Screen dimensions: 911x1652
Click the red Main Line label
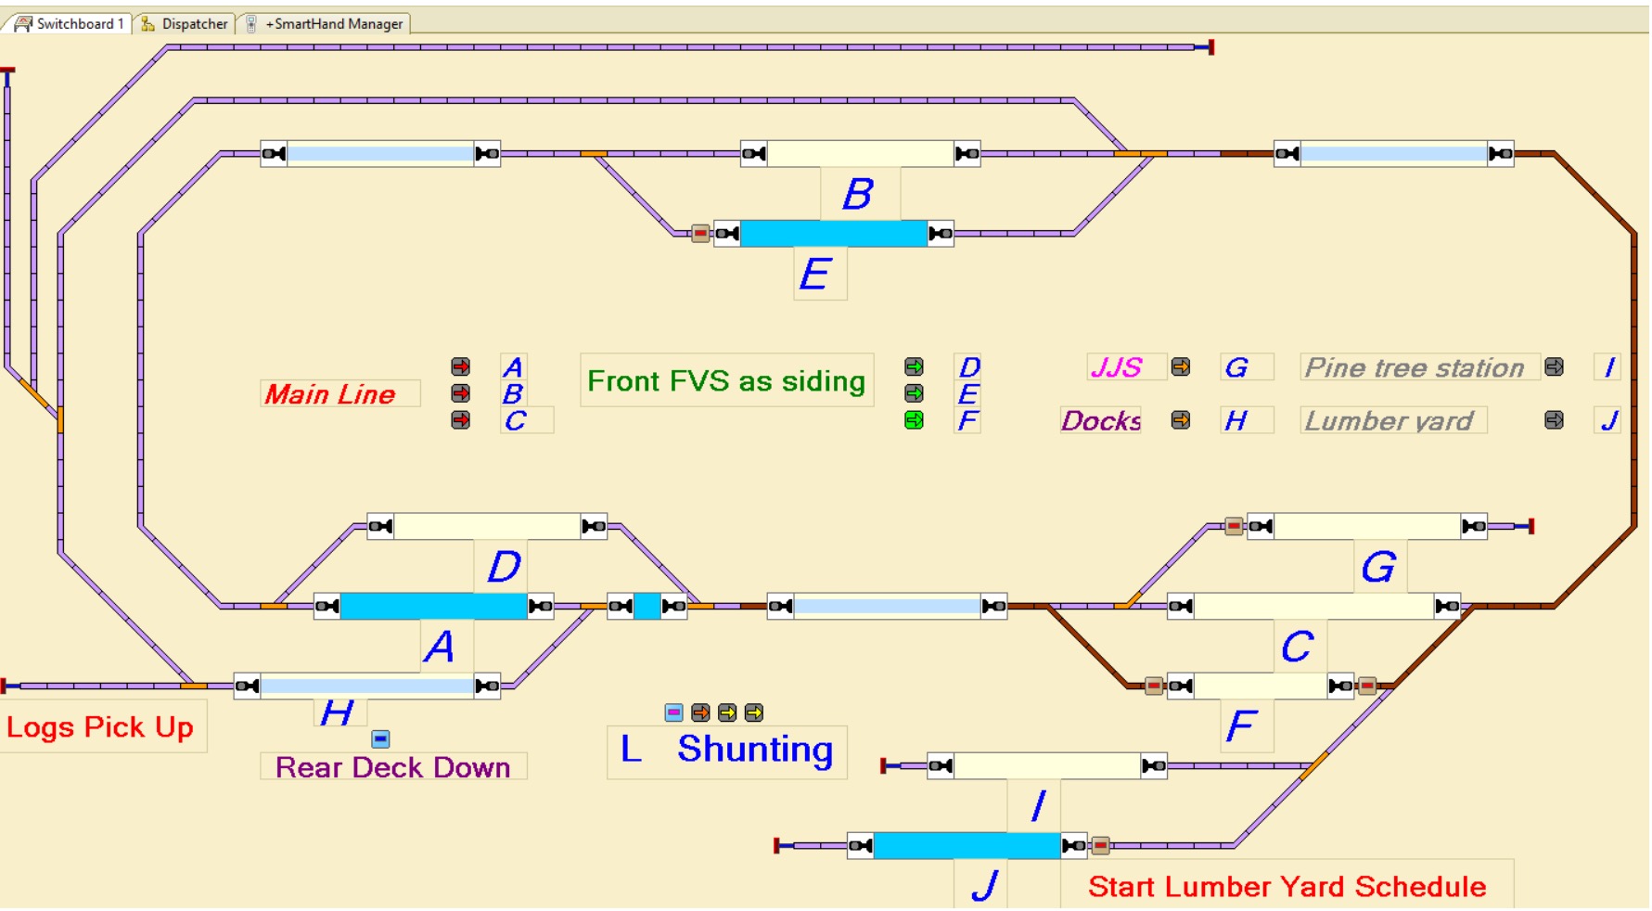[330, 394]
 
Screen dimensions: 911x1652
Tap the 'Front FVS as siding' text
[726, 380]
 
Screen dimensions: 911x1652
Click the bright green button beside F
[914, 420]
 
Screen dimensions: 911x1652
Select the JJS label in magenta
[1116, 367]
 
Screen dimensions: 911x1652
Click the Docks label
[1101, 420]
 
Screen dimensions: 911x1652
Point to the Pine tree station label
[1415, 367]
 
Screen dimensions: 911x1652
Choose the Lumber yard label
[1389, 420]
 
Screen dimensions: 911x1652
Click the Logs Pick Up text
[100, 726]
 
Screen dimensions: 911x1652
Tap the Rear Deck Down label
[392, 767]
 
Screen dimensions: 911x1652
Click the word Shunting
[755, 749]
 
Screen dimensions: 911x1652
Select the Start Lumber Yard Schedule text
[1287, 886]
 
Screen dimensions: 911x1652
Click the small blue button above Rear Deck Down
[380, 738]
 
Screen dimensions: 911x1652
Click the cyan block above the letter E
[833, 233]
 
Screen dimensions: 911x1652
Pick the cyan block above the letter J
[967, 845]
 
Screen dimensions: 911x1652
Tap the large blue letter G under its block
[1378, 567]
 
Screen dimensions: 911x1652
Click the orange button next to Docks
[1180, 420]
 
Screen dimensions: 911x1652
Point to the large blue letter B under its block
[858, 194]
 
